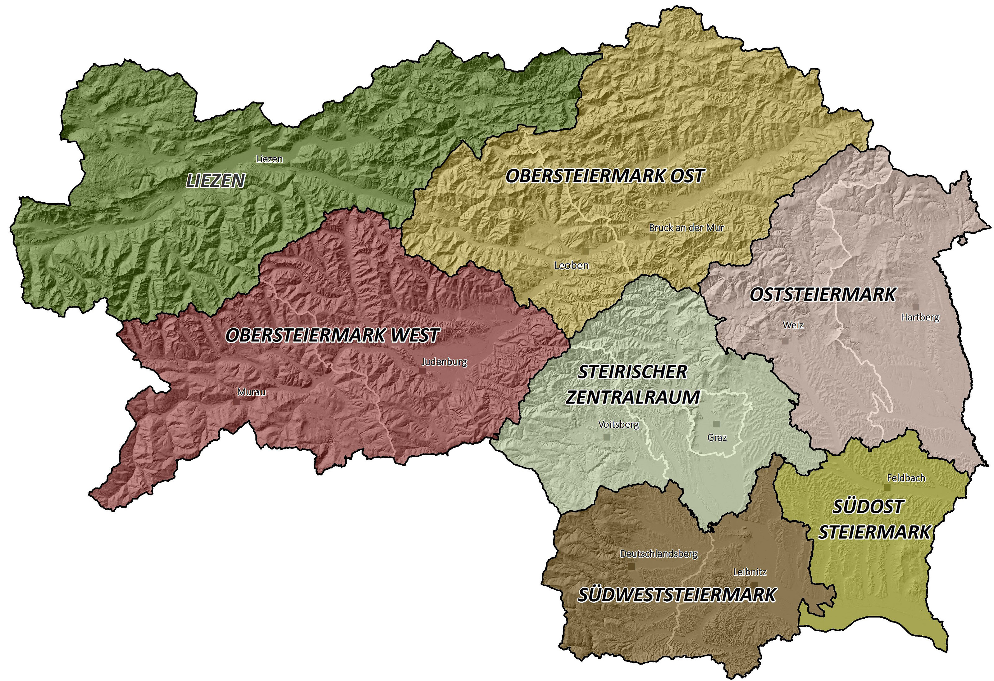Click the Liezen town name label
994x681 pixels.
tap(269, 159)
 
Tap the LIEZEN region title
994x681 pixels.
tap(216, 181)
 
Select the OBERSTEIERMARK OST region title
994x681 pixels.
tap(605, 176)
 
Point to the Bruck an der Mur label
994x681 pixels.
tap(686, 228)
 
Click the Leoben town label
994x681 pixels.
tap(571, 265)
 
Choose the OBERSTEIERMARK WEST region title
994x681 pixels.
tap(332, 335)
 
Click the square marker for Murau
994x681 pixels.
tap(236, 402)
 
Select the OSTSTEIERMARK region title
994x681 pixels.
tap(823, 295)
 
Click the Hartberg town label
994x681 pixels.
tap(919, 318)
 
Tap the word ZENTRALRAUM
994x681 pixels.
tap(632, 397)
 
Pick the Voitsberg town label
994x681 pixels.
tap(618, 425)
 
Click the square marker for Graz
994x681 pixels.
tap(716, 424)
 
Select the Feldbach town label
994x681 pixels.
tap(906, 478)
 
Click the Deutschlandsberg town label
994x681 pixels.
tap(659, 554)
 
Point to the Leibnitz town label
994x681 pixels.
tap(750, 572)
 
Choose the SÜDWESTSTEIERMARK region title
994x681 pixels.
tap(677, 595)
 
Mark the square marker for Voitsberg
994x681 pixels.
tap(606, 437)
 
